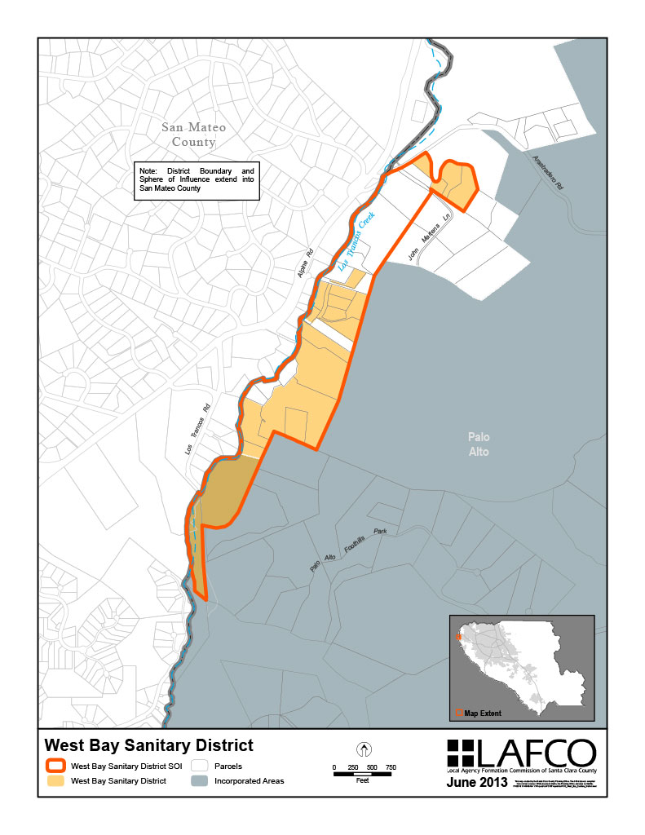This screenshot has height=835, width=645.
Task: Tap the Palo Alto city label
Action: tap(479, 444)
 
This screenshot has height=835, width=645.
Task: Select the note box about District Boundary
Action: tap(197, 181)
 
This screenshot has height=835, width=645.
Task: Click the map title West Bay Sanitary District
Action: tap(148, 745)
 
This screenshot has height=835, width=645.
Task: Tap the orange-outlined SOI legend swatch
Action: tap(55, 767)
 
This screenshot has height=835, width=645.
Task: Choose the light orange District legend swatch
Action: tap(55, 781)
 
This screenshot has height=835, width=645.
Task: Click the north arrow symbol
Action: tap(364, 749)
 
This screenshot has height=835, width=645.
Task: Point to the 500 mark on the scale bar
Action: tap(372, 767)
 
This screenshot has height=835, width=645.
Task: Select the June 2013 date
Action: tap(478, 784)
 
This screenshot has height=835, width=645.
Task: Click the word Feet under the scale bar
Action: tap(364, 780)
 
